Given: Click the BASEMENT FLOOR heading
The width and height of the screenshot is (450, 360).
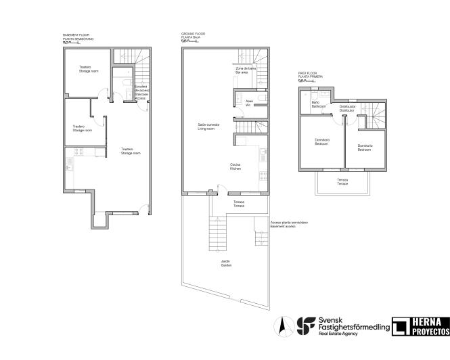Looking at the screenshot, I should (76, 36).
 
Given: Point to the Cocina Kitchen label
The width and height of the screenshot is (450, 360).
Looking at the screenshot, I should (235, 166).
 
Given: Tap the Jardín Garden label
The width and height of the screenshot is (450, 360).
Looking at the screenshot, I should (226, 264).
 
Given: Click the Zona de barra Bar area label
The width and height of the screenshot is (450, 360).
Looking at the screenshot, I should (245, 70).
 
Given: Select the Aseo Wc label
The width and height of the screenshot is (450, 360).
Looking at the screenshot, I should (249, 104).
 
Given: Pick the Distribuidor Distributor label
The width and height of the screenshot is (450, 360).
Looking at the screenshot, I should (347, 108).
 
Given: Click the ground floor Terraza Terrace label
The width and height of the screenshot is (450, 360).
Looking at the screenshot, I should (239, 203).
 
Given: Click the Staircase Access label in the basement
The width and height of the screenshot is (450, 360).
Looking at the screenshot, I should (141, 92).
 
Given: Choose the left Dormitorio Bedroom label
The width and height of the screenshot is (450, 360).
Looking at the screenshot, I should (322, 142).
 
